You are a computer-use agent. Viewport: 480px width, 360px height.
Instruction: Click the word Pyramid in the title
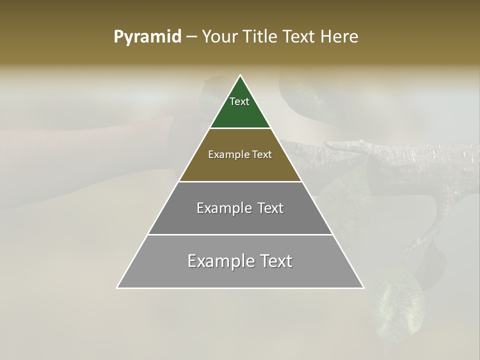tap(147, 37)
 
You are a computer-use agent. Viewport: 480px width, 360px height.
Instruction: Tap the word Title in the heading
tap(262, 37)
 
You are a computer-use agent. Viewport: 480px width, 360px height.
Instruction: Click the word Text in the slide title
tap(301, 37)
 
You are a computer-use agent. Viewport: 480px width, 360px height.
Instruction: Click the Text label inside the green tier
tap(239, 101)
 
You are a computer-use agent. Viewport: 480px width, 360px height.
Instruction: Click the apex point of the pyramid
tap(240, 75)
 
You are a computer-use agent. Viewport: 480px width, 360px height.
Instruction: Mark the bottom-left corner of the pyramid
tap(117, 287)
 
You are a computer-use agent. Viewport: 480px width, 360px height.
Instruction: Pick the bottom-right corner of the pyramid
tap(363, 287)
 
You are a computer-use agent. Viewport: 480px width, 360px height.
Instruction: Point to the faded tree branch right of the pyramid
tap(400, 155)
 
